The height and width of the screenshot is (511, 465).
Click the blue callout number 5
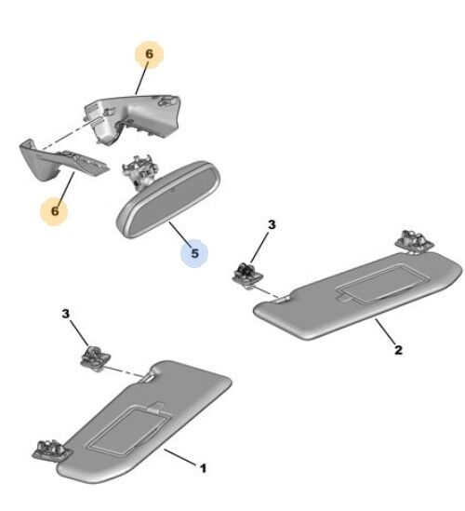tap(194, 253)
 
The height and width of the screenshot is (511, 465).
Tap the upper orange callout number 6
tap(149, 54)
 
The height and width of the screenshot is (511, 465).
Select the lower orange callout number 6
tap(55, 210)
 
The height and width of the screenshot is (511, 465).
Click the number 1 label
tap(203, 468)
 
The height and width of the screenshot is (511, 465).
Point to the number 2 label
tap(398, 350)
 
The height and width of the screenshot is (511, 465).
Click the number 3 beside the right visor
tap(272, 224)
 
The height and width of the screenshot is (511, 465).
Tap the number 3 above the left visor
tap(66, 314)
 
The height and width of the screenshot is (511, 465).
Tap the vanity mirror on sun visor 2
tap(382, 283)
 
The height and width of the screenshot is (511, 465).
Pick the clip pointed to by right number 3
tap(247, 276)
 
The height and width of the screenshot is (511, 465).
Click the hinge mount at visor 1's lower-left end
tap(52, 451)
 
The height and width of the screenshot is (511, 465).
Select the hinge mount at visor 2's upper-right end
tap(414, 241)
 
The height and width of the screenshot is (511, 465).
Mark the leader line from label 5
tap(179, 233)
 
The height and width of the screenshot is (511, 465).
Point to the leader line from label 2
tap(385, 330)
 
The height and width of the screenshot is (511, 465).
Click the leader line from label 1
tap(180, 457)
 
